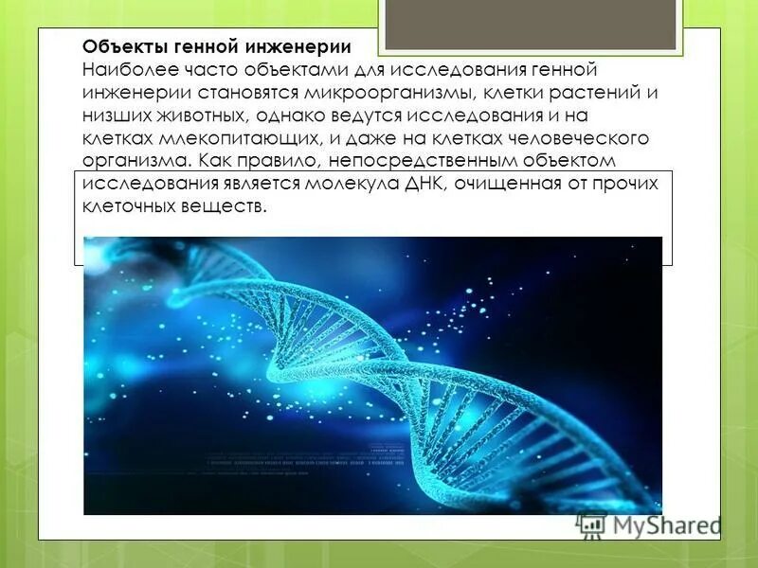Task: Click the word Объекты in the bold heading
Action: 117,47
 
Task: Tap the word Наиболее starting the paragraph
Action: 121,70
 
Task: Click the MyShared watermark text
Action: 664,524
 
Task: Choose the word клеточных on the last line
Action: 126,206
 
